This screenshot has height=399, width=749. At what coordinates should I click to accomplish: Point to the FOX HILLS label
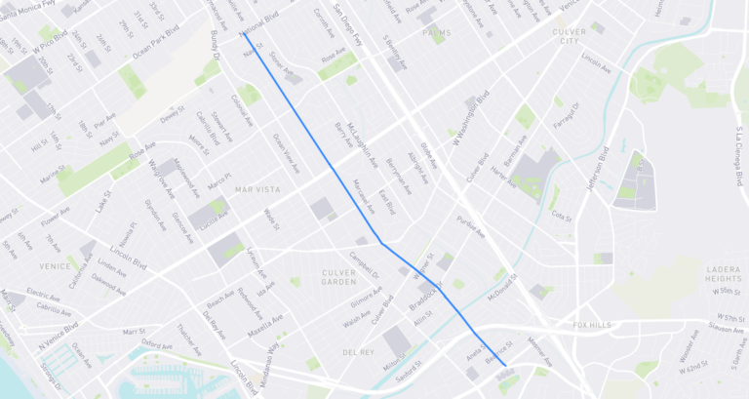[593, 324]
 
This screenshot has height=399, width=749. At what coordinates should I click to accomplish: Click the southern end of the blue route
[506, 365]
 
